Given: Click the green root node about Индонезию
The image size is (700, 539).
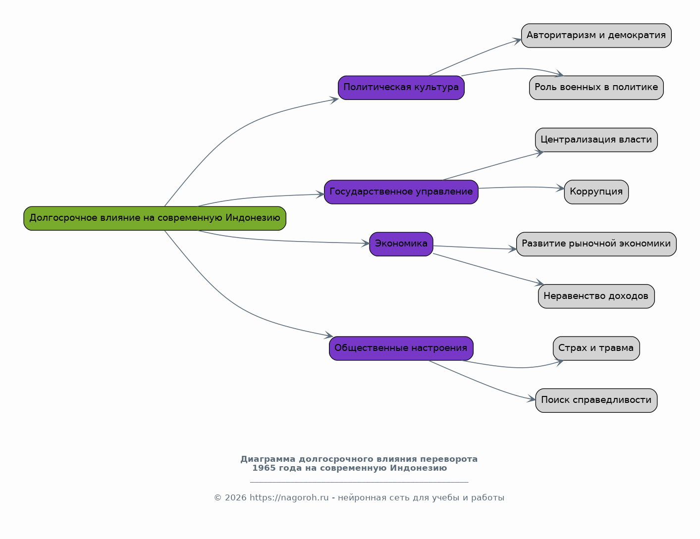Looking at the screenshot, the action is [155, 218].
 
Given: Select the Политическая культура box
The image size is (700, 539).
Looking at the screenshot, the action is [401, 88].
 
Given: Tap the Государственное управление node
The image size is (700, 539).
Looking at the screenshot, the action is [401, 192].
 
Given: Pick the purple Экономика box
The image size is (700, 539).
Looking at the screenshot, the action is [401, 244].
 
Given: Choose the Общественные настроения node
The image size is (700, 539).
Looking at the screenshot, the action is [401, 348].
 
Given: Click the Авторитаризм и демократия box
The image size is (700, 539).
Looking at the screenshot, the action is [596, 36].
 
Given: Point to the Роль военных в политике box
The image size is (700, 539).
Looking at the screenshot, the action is [596, 88].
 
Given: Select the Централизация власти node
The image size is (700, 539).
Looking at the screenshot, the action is [596, 140].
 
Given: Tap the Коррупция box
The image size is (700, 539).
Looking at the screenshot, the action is [596, 192].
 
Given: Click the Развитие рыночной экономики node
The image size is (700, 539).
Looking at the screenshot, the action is [596, 244].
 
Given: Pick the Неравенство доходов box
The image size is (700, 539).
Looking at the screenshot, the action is [596, 296].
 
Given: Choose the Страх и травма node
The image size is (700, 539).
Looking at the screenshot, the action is [596, 348].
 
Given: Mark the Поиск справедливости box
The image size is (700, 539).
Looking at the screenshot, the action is [596, 400].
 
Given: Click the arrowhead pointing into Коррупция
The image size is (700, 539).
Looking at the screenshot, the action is [560, 188].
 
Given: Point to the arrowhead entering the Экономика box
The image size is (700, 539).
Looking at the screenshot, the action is [365, 244].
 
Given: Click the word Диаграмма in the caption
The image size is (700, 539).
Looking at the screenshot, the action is [268, 459].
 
